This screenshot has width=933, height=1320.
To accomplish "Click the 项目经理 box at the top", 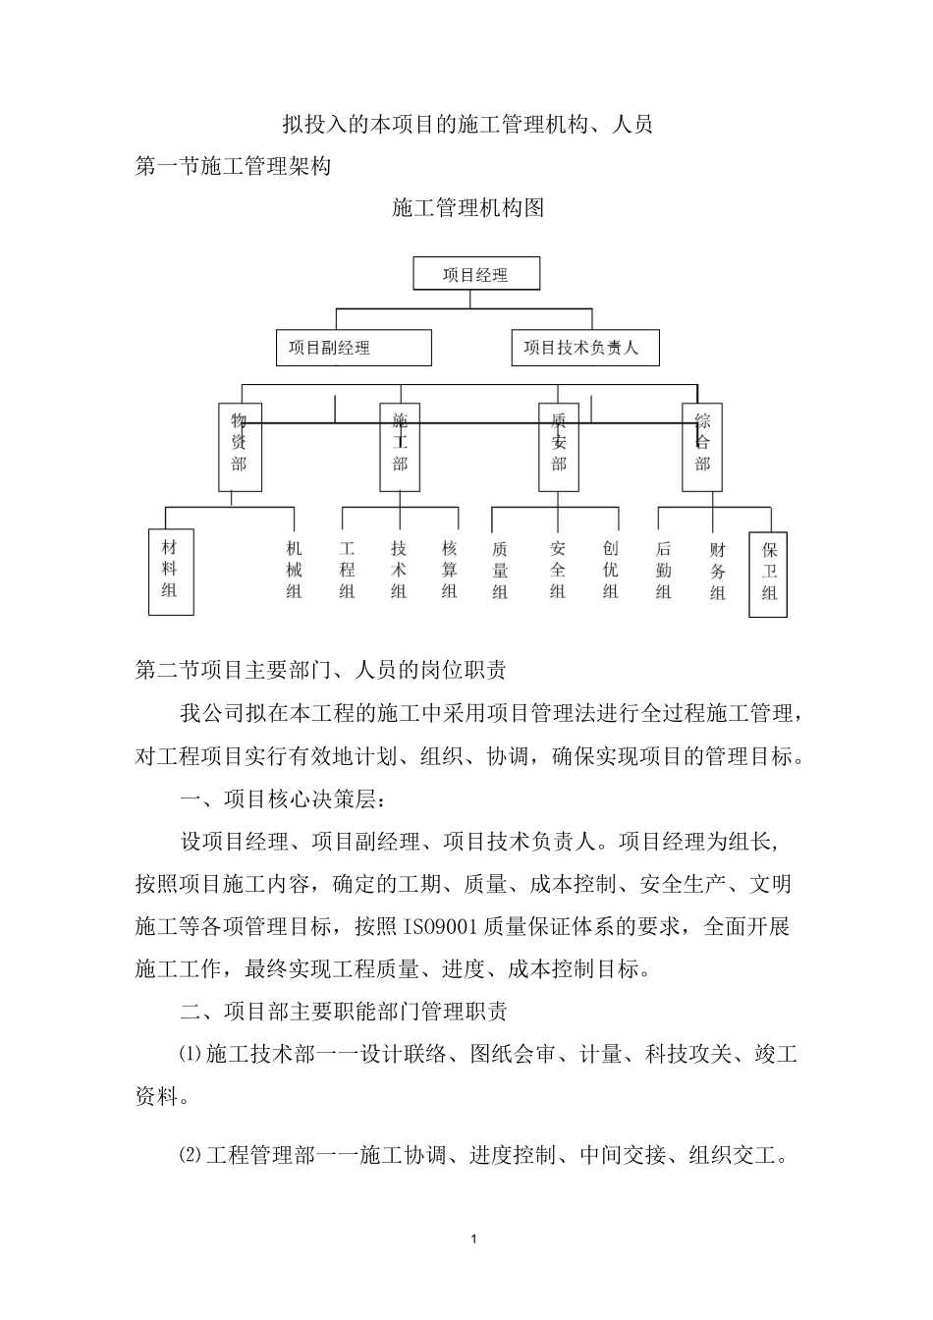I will [x=476, y=274].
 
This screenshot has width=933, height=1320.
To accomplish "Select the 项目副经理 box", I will [x=354, y=348].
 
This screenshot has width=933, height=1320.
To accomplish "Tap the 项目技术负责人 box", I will [x=585, y=348].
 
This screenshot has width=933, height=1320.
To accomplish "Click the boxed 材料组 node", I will [x=171, y=571].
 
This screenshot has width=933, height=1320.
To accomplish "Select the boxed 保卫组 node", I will [x=768, y=573].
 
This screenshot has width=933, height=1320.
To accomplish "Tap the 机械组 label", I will [x=294, y=570].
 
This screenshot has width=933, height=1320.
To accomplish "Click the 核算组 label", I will [x=450, y=570].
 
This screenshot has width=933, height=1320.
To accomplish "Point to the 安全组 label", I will [x=558, y=570].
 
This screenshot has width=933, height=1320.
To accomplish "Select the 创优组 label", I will [x=610, y=570].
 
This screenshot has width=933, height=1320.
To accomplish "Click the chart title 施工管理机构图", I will [x=467, y=208].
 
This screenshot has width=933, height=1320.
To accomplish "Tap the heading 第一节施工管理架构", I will [x=233, y=167].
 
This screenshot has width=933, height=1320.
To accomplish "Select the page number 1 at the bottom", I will [x=474, y=1239].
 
